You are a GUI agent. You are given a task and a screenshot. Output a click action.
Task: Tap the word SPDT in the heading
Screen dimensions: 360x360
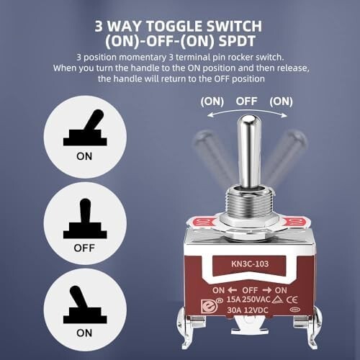click(237, 41)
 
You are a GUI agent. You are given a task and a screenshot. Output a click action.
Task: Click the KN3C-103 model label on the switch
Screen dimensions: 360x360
click(250, 264)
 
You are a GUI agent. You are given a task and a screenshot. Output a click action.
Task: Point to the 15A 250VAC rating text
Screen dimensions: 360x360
click(248, 300)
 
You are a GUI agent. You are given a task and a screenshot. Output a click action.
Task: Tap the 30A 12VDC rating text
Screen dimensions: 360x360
click(248, 310)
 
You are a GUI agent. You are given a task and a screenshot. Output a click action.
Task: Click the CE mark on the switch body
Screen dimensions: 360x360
click(292, 300)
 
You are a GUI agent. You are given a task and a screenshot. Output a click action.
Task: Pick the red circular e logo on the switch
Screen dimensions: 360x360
click(208, 306)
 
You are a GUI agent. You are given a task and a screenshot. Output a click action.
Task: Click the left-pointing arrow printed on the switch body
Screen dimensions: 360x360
click(232, 290)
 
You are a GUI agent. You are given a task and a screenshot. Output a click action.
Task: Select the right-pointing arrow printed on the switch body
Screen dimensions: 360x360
click(267, 290)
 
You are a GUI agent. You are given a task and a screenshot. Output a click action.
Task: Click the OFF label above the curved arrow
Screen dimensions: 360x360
click(246, 102)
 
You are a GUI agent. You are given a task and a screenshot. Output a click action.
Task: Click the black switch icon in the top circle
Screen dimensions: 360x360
click(85, 127)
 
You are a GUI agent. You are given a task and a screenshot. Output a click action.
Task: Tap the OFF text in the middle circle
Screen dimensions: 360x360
click(84, 248)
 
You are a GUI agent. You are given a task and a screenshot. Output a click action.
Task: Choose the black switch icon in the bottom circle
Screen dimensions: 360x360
click(85, 305)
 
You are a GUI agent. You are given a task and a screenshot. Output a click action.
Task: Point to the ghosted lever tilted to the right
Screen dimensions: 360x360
click(286, 156)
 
